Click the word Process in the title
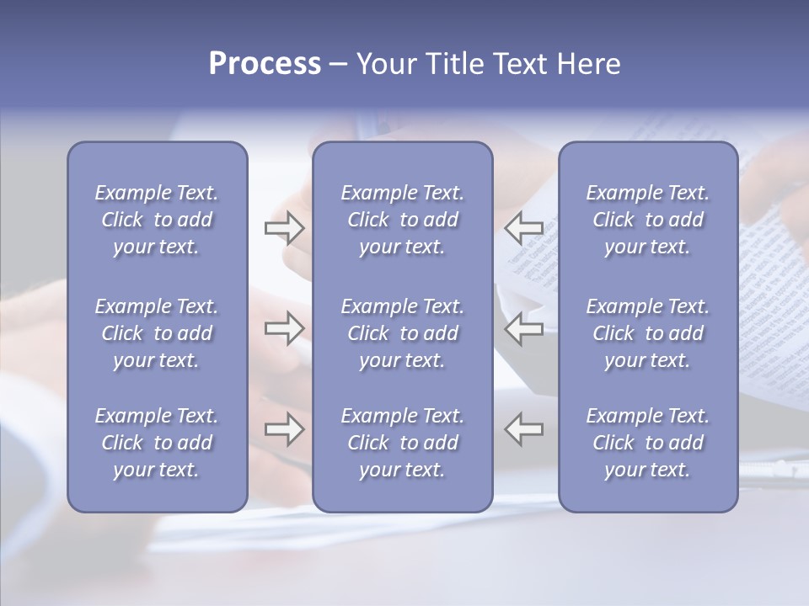[x=265, y=64]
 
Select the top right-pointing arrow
[x=284, y=227]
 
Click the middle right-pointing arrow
[x=284, y=328]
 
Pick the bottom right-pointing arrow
[x=284, y=429]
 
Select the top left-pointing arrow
[x=524, y=227]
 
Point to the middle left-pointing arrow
[x=524, y=328]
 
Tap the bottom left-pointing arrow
[x=524, y=429]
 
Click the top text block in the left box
[x=157, y=220]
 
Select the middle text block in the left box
[x=157, y=333]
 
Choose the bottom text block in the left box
[x=157, y=443]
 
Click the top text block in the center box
[x=402, y=220]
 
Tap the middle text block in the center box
[x=402, y=333]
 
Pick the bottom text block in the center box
[x=402, y=443]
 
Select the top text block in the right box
[x=648, y=220]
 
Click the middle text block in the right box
[x=648, y=333]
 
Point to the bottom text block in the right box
[x=648, y=443]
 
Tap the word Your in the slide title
[x=383, y=64]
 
